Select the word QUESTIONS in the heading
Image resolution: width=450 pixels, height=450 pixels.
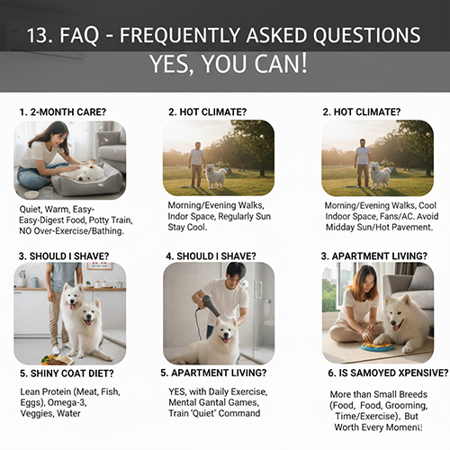point(361,37)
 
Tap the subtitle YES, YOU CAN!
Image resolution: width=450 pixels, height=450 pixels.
point(225,66)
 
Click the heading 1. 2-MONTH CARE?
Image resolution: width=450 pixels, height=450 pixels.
point(64,112)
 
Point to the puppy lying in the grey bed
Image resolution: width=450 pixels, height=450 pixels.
point(88,171)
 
